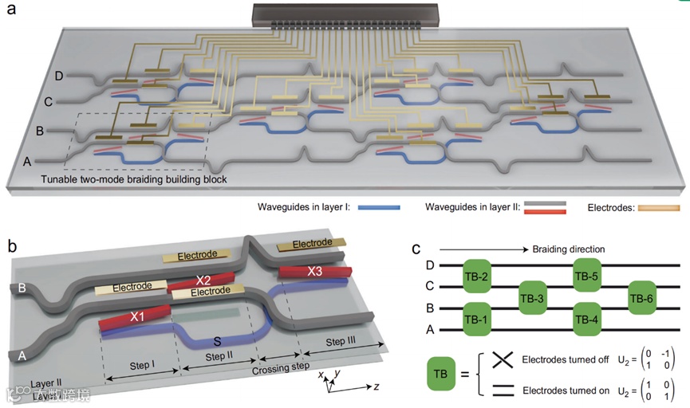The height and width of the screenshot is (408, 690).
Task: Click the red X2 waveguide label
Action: [204, 280]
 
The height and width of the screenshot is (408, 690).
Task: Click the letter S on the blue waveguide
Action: [217, 340]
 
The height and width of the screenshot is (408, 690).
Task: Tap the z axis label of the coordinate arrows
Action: [374, 389]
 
